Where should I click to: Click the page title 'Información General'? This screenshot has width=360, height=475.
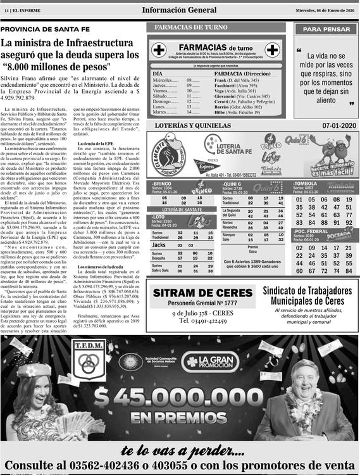pos(180,9)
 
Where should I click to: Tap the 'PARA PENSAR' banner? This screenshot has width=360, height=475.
pos(325,29)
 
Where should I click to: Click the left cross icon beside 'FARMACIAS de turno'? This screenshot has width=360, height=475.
pos(159,49)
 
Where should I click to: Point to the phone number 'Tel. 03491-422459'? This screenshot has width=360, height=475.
pos(201,320)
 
